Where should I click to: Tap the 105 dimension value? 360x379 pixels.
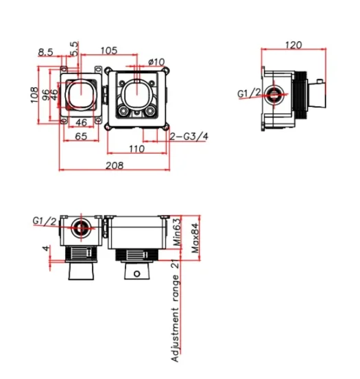108,50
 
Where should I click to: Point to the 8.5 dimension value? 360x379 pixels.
47,51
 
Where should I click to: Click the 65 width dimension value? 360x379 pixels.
80,137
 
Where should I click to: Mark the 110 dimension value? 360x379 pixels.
136,148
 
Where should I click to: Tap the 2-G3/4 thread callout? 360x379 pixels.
188,137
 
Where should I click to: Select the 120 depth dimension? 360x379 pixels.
293,45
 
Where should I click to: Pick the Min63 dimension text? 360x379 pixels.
176,233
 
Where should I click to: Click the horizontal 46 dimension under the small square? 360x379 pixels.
80,123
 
